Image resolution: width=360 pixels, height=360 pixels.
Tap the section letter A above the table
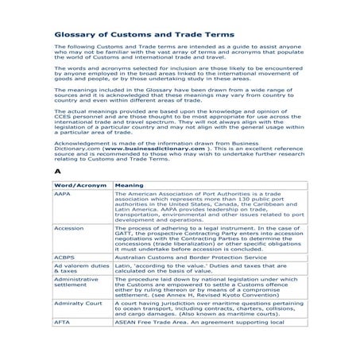tap(57, 171)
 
